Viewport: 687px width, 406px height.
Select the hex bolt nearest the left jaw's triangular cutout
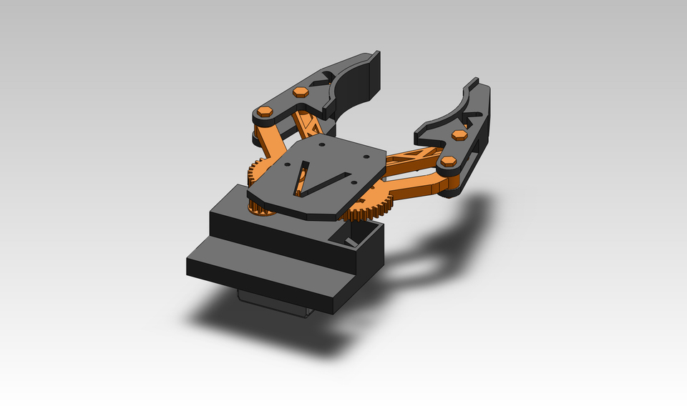[301, 91]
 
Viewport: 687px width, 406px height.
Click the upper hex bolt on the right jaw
[460, 134]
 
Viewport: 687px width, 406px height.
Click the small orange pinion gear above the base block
[261, 208]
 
